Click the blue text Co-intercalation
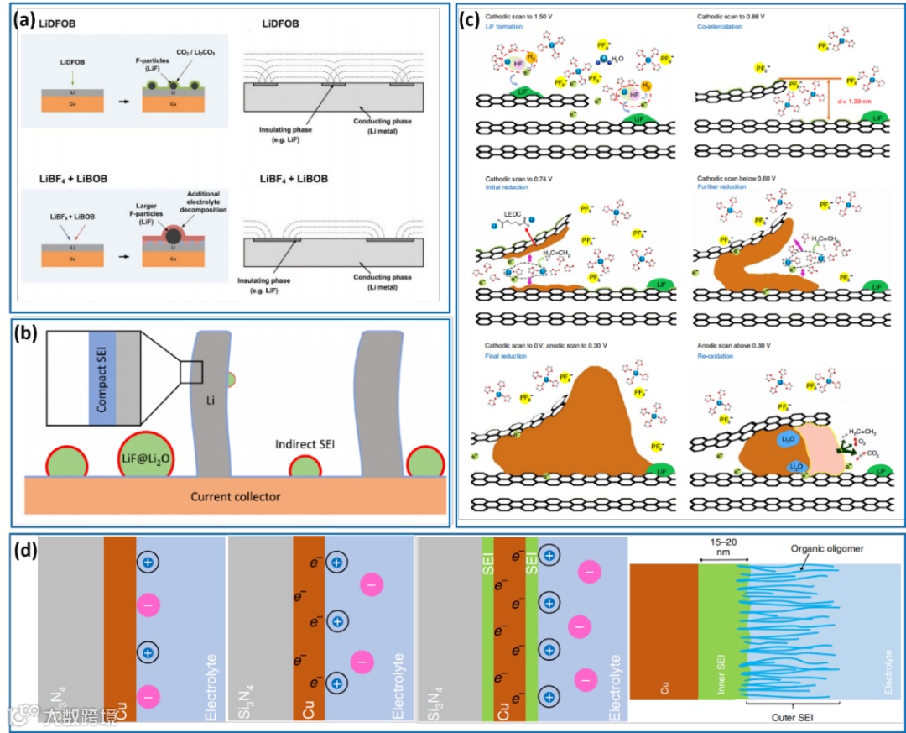coord(720,27)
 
